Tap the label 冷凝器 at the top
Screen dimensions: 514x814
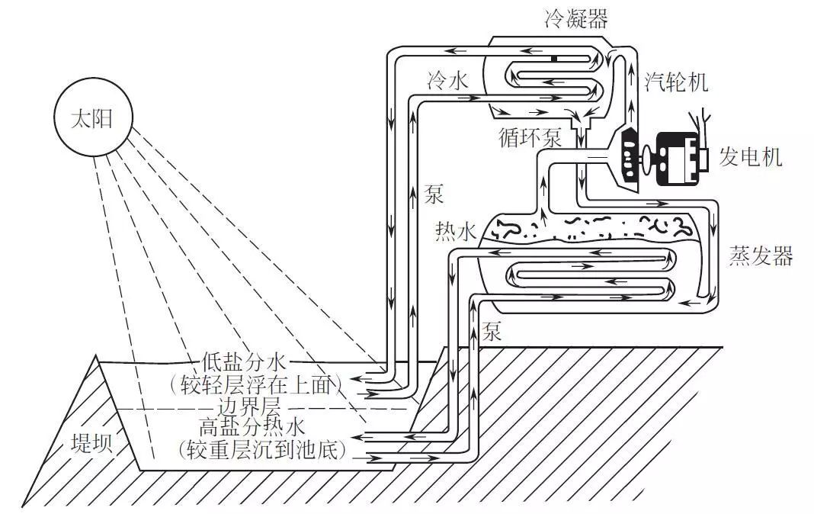click(x=576, y=19)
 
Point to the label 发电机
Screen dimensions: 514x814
click(x=751, y=159)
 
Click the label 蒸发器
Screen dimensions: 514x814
click(x=761, y=256)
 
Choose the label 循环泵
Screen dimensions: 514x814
click(x=530, y=138)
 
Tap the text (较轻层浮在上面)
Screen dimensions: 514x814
click(x=264, y=384)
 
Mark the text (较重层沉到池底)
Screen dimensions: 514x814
click(x=264, y=450)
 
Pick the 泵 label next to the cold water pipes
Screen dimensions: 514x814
click(x=434, y=194)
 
